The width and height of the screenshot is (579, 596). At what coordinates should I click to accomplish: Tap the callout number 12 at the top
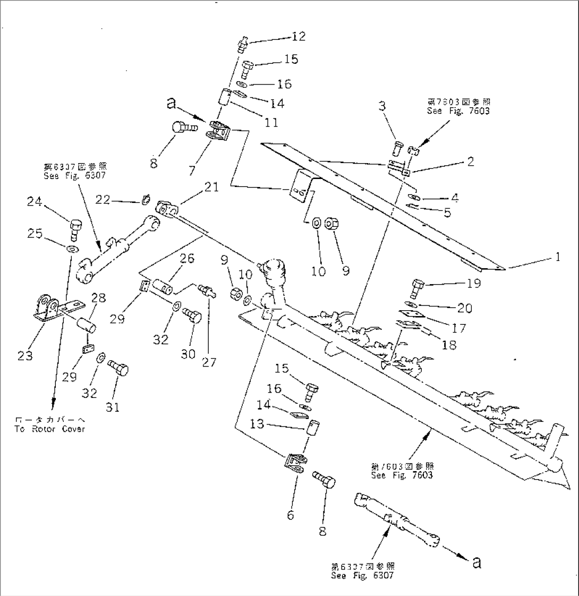(299, 36)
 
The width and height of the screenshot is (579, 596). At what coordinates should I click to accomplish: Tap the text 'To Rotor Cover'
(49, 429)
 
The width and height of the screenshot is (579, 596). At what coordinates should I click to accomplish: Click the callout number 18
(449, 345)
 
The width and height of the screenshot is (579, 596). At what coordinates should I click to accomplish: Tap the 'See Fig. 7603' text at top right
(458, 111)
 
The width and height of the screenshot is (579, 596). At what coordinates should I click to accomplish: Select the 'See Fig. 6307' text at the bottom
(363, 575)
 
